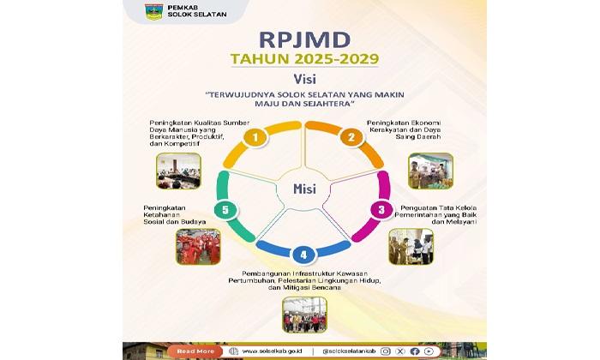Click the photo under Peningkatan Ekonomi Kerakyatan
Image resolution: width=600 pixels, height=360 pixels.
click(x=430, y=171)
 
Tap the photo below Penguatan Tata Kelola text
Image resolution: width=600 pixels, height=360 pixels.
click(x=411, y=246)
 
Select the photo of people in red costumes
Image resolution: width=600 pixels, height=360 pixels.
click(x=198, y=247)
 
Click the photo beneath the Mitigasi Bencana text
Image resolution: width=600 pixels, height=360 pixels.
click(x=304, y=314)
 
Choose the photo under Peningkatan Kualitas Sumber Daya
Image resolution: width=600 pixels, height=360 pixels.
click(x=178, y=170)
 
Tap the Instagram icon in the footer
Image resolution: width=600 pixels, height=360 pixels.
click(x=386, y=351)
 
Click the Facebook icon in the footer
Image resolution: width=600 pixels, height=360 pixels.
click(x=415, y=351)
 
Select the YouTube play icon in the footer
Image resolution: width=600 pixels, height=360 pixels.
click(x=429, y=351)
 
